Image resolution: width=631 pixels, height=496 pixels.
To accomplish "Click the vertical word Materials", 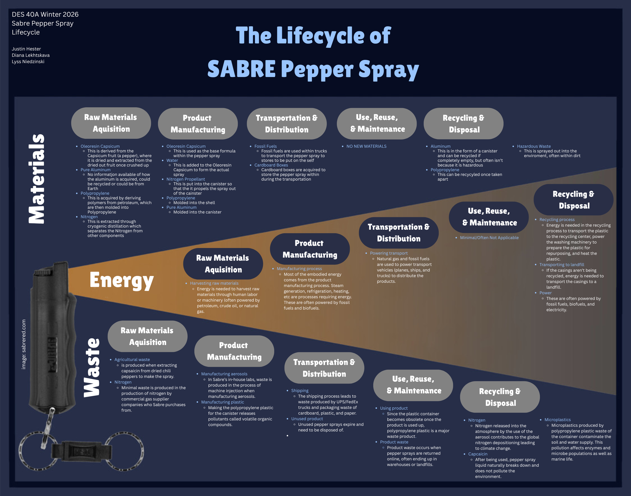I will point(37,179).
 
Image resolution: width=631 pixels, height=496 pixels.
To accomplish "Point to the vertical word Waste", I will point(92,367).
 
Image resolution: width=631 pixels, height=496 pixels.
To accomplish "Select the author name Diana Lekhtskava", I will point(31,55).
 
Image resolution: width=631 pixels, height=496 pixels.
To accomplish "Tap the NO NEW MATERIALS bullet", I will point(366,146).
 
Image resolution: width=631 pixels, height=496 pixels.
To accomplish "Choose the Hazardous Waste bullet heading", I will point(534,146).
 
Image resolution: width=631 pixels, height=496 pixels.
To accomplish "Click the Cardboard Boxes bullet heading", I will point(271,165).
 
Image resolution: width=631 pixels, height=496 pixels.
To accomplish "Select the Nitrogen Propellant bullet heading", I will point(186,179).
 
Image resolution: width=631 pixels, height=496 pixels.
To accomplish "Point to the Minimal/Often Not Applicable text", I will point(489,238).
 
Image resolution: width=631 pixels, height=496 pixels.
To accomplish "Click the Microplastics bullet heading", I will point(557,420).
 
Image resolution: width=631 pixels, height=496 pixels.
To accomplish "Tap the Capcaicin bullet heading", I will point(478,454).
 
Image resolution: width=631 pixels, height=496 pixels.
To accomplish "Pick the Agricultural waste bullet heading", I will point(132,360).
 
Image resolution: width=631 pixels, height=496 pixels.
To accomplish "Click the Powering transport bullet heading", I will point(389,253).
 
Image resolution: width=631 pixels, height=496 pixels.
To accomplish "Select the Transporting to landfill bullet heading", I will point(562,265).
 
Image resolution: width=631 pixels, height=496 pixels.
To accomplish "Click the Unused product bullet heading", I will point(307,419).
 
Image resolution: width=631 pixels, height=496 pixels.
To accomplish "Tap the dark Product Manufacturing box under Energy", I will point(310,249).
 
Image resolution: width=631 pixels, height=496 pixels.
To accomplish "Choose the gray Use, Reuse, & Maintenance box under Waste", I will point(413,385).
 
